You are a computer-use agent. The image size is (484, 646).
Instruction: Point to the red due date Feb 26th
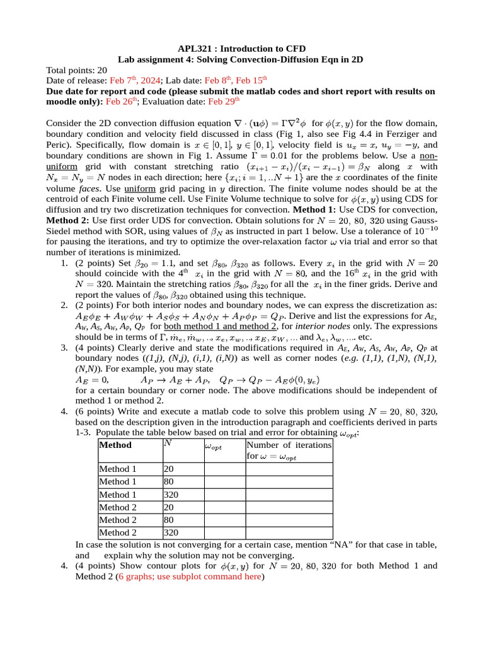[x=123, y=100]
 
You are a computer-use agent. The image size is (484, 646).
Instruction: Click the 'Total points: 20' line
[x=77, y=70]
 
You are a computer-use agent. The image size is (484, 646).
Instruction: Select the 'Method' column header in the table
[x=115, y=445]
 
